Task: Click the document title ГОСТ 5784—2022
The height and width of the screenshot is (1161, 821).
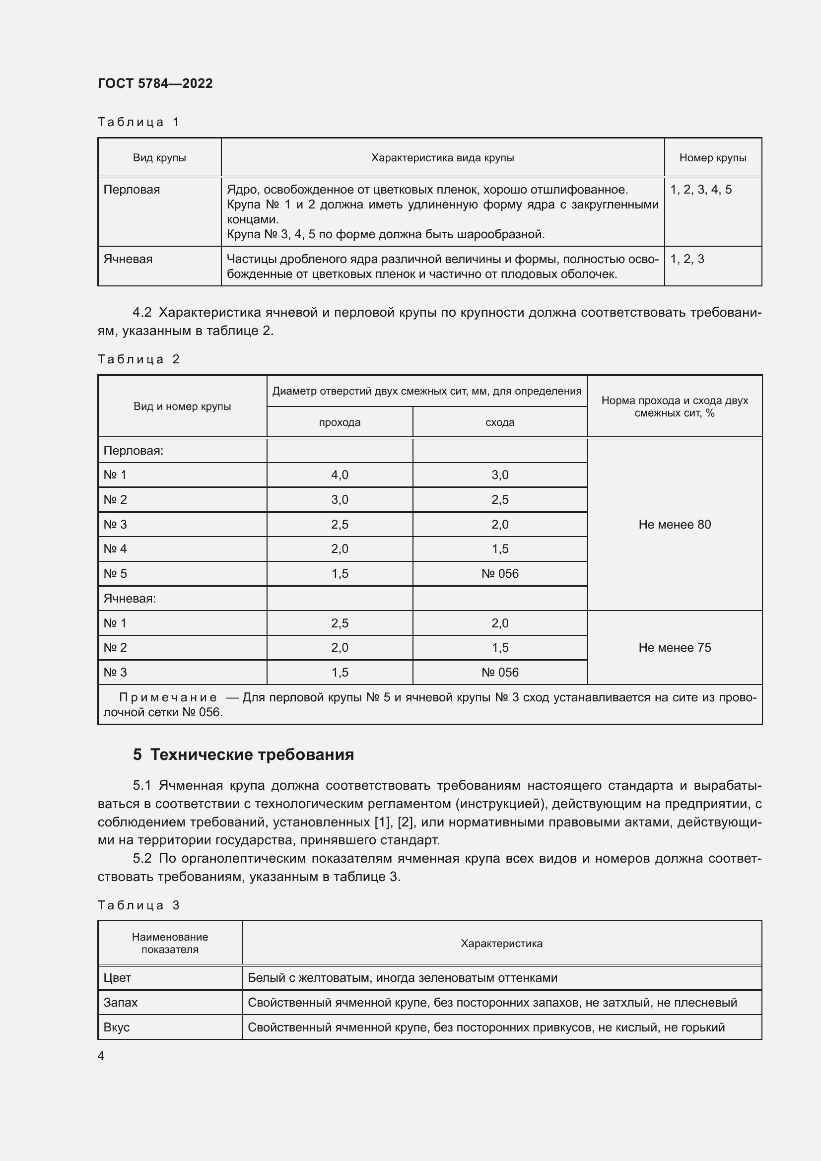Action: click(x=155, y=83)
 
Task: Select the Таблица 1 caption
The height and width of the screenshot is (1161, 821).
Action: click(x=138, y=122)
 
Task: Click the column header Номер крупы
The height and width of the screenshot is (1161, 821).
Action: click(x=712, y=158)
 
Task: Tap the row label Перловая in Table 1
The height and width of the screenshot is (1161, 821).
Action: click(x=132, y=190)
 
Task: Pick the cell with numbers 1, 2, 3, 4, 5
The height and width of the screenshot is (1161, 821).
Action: click(x=701, y=190)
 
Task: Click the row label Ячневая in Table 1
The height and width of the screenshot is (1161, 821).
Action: click(x=128, y=259)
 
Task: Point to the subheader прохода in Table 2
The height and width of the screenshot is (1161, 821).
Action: click(x=340, y=422)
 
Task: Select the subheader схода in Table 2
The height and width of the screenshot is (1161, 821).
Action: click(x=499, y=422)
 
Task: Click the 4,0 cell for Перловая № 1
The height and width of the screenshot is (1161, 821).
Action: click(x=340, y=475)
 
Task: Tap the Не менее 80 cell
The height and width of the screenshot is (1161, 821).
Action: click(x=675, y=524)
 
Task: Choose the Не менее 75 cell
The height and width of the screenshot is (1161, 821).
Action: click(x=675, y=647)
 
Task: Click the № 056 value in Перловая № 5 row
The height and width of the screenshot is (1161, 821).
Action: click(x=500, y=573)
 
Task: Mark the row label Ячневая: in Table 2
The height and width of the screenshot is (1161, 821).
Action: click(x=130, y=598)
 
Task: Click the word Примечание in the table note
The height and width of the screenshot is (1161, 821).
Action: click(x=168, y=697)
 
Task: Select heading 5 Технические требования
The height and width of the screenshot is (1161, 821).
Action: click(x=243, y=754)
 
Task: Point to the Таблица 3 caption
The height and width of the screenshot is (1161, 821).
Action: click(x=138, y=905)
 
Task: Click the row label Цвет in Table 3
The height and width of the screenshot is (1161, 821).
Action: click(x=117, y=977)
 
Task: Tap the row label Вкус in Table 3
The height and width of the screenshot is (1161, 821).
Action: click(x=117, y=1027)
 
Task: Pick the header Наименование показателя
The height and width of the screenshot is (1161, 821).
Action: click(x=170, y=943)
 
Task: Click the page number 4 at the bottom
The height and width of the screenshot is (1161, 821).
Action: click(x=101, y=1056)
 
